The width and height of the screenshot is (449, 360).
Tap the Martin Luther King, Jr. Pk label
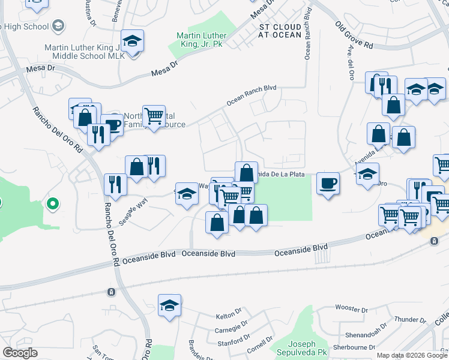(200, 40)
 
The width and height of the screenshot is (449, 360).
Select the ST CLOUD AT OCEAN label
(280, 31)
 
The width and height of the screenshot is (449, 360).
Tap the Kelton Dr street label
(228, 316)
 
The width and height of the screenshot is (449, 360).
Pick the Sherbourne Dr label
(354, 347)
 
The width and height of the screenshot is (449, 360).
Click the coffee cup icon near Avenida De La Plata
(328, 182)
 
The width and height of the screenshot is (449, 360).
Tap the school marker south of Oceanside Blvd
(170, 306)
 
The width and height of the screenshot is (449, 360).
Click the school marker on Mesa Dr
(132, 41)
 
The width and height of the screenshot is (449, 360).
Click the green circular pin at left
(52, 205)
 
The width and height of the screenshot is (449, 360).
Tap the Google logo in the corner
(19, 353)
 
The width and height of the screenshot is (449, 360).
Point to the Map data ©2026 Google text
(412, 355)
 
